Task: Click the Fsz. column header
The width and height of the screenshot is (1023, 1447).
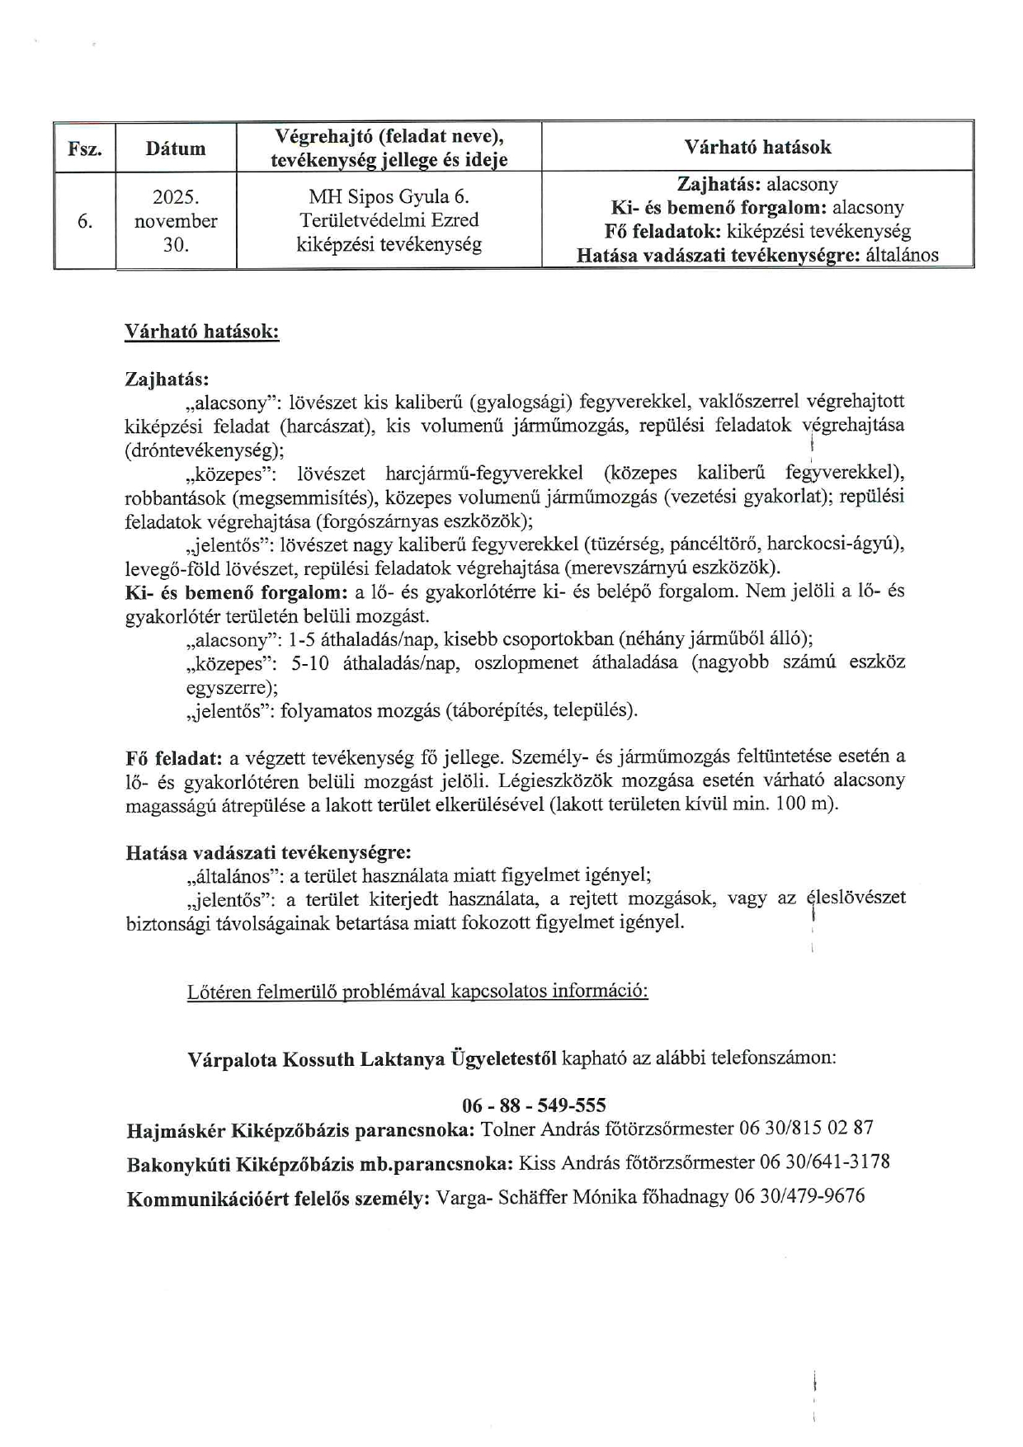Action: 85,149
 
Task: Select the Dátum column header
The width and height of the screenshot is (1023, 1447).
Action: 176,148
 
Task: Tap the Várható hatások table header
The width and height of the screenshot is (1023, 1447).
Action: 757,147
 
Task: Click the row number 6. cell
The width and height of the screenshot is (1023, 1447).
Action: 84,221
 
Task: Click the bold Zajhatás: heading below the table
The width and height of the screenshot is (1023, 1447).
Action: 167,379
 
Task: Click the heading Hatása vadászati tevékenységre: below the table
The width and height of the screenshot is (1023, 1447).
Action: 268,852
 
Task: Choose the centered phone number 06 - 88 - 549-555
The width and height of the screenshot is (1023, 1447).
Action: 534,1105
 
